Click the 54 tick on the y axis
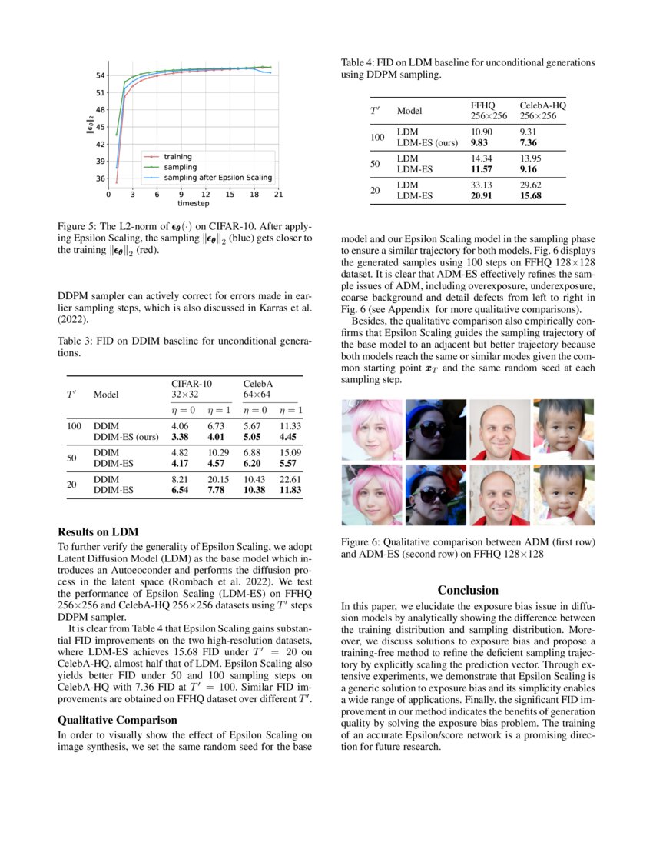tap(101, 75)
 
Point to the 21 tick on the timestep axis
tap(277, 195)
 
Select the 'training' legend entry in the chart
tap(178, 157)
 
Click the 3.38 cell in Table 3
tap(180, 435)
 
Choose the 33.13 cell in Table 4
tap(481, 185)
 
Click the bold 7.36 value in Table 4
tap(529, 142)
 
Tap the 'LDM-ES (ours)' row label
tap(427, 142)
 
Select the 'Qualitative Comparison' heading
tap(118, 720)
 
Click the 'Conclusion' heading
tap(468, 590)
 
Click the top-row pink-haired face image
tap(371, 429)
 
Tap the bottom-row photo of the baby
tap(564, 495)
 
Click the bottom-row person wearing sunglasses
tap(435, 495)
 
